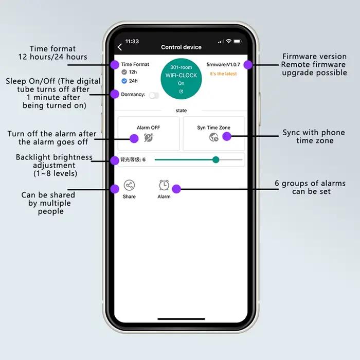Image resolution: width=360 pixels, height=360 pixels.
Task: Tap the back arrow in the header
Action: (120, 47)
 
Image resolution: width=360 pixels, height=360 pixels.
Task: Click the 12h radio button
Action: (124, 72)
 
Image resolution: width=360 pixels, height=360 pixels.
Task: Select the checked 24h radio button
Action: (124, 81)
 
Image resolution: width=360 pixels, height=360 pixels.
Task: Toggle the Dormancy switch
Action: (154, 95)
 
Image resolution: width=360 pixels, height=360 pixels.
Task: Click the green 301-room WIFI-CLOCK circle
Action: (181, 79)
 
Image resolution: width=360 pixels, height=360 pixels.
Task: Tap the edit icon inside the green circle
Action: (181, 92)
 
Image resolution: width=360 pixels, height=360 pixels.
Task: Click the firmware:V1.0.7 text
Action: (223, 64)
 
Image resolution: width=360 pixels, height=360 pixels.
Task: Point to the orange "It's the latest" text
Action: (223, 74)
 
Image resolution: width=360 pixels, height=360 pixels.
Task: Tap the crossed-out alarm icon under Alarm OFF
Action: (148, 138)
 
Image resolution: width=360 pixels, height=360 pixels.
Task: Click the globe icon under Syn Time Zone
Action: (213, 137)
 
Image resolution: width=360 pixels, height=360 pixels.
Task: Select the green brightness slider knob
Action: (215, 159)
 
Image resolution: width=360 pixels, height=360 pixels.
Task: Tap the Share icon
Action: (129, 185)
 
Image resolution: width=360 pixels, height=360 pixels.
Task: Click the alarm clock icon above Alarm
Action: (164, 185)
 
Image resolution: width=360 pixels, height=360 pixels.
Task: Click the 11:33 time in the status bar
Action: (132, 41)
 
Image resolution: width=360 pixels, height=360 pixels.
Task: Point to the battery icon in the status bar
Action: (238, 41)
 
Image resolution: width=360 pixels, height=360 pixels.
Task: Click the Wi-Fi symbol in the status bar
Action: (228, 41)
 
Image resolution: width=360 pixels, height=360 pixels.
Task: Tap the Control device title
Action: (181, 47)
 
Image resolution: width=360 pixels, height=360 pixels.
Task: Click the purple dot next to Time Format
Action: (115, 65)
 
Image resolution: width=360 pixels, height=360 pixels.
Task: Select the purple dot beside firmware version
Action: (248, 65)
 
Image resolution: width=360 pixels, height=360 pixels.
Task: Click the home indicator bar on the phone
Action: (181, 319)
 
